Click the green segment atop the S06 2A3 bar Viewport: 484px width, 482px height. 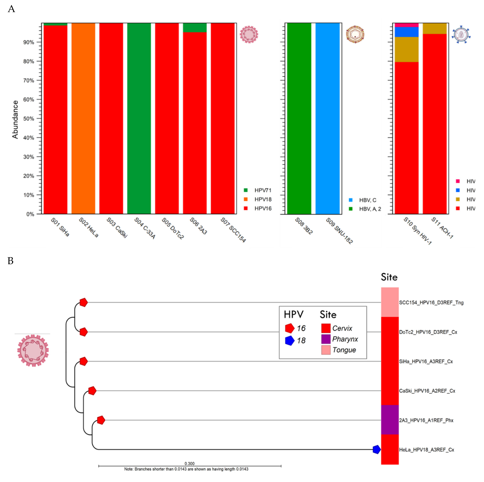195,28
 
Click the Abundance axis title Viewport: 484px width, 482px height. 15,119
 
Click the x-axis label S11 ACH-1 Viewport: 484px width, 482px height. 442,228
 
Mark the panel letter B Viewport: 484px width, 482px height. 10,261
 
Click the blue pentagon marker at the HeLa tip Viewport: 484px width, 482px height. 377,449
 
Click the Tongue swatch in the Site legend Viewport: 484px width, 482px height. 326,350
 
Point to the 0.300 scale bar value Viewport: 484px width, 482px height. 189,463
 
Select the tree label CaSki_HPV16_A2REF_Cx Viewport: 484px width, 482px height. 427,391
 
